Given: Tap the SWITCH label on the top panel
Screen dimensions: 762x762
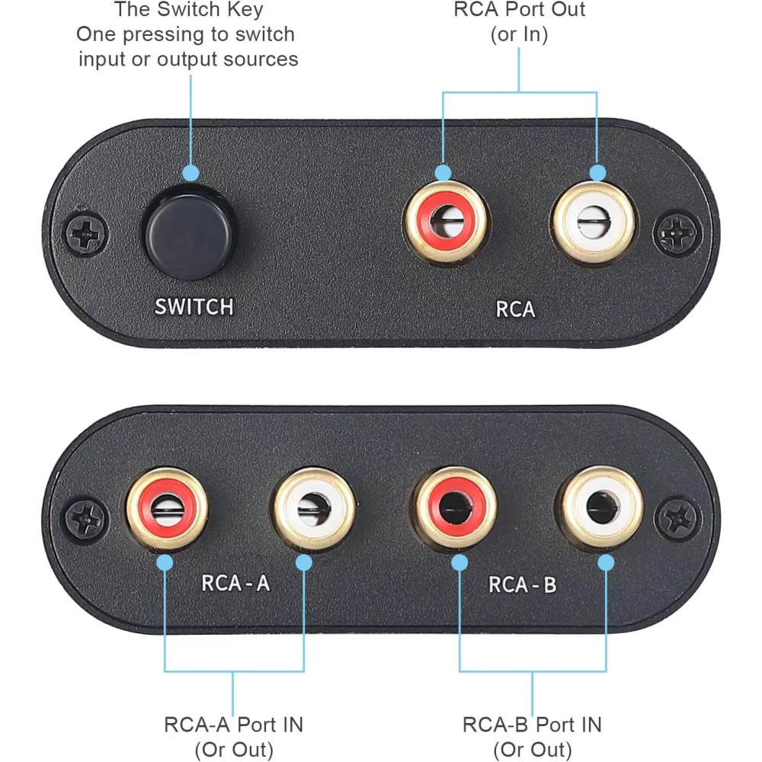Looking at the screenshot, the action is coord(194,307).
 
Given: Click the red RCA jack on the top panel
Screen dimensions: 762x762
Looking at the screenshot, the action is coord(446,222).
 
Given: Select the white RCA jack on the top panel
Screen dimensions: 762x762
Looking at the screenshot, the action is coord(594,223).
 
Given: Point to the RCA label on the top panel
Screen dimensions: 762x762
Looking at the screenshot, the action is coord(515,309).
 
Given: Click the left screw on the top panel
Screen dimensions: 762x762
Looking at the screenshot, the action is coord(86,234).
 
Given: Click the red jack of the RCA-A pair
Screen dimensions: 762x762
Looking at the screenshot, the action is coord(167,509).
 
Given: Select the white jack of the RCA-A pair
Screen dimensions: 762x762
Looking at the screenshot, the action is coord(315,509).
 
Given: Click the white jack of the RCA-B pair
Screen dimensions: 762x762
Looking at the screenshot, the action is coord(603,507).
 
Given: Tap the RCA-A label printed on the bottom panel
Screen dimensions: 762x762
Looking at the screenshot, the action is coord(235,583).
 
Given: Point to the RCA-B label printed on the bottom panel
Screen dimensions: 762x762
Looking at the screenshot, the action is coord(523,584).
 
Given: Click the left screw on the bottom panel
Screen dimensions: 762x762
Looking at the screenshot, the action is coord(86,520).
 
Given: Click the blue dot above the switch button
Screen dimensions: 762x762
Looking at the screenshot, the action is coord(190,172).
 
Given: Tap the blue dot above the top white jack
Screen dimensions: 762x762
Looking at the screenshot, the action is coord(597,172).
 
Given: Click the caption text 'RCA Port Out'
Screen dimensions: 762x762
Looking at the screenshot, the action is coord(519,9).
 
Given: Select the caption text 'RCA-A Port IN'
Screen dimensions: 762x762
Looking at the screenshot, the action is coord(233,725).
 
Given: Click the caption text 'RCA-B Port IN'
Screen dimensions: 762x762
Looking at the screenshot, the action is coord(532,725).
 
